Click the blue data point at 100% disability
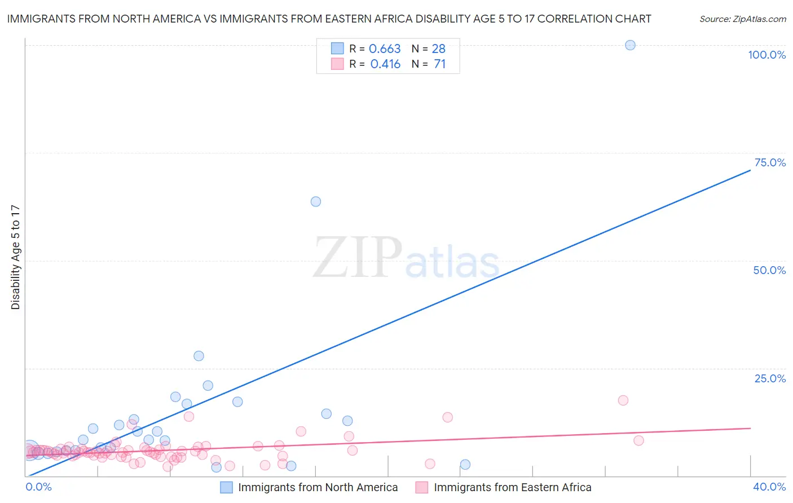(x=630, y=45)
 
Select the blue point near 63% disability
(x=316, y=201)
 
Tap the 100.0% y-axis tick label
(x=766, y=55)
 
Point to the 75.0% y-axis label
(x=770, y=162)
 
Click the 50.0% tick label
(x=769, y=270)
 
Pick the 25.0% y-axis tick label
(x=770, y=378)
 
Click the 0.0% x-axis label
(x=38, y=487)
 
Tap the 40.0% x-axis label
(x=769, y=487)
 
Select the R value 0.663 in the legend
(x=385, y=48)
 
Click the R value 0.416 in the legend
(x=385, y=64)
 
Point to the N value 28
(x=438, y=48)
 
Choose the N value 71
(x=439, y=64)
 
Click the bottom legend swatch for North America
(x=226, y=487)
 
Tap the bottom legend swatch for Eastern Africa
(x=421, y=487)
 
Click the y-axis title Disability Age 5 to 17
(x=15, y=257)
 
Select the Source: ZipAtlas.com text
(x=742, y=19)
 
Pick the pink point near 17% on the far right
(x=623, y=400)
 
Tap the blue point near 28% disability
(x=199, y=356)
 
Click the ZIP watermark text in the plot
(x=358, y=258)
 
